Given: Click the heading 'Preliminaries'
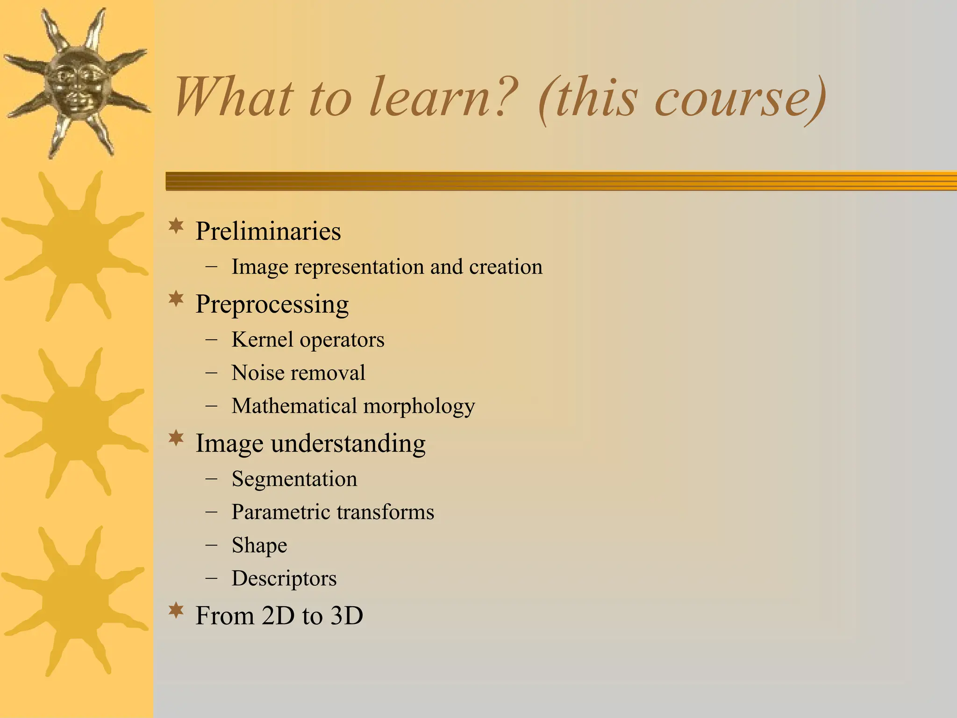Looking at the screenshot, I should pyautogui.click(x=268, y=231).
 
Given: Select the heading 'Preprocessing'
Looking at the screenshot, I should pyautogui.click(x=271, y=304).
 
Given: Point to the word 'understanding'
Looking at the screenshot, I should pyautogui.click(x=348, y=443).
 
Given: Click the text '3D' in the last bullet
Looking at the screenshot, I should pyautogui.click(x=346, y=615).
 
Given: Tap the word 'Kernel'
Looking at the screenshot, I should pyautogui.click(x=263, y=339).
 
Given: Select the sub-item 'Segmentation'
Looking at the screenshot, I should pyautogui.click(x=294, y=479).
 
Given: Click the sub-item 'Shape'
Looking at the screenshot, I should pyautogui.click(x=259, y=546).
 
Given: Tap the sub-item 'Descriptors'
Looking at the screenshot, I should pyautogui.click(x=284, y=579).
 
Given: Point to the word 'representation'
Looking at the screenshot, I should pyautogui.click(x=359, y=267).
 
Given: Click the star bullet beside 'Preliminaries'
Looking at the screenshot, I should pyautogui.click(x=176, y=226).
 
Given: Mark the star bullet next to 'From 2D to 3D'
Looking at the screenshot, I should pyautogui.click(x=176, y=610).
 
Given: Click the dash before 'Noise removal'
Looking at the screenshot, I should pyautogui.click(x=211, y=373).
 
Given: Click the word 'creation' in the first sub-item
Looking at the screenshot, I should pyautogui.click(x=506, y=267).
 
